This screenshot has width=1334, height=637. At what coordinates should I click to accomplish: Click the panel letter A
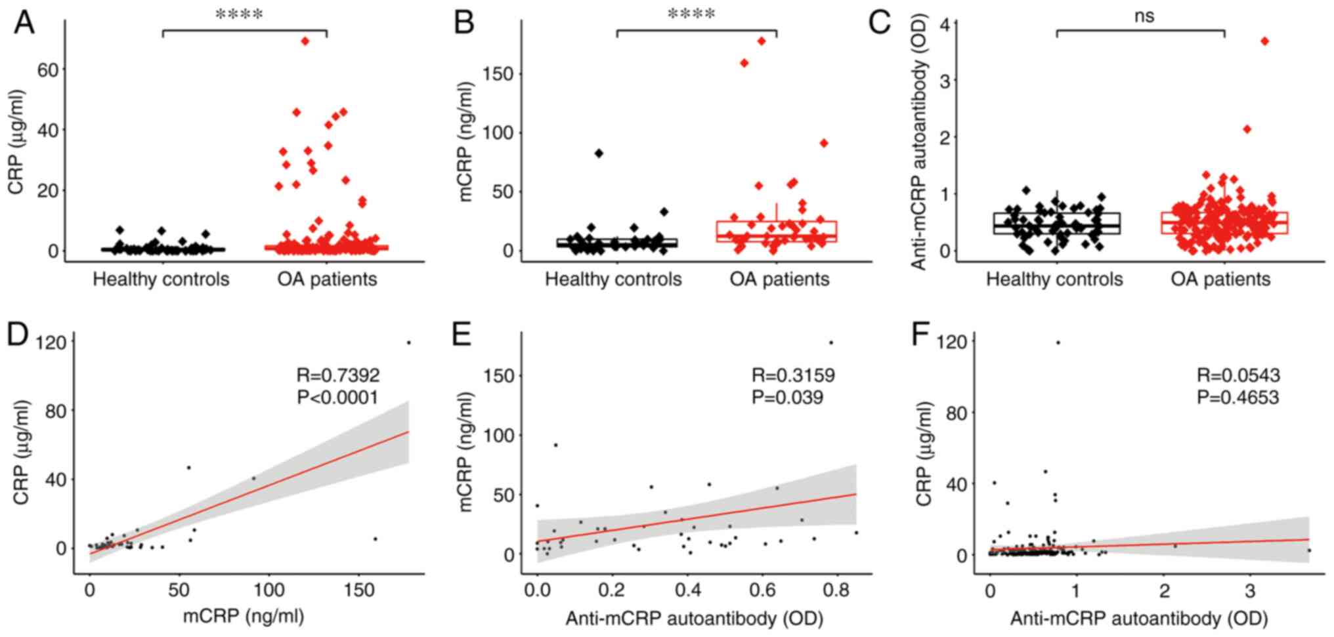(24, 24)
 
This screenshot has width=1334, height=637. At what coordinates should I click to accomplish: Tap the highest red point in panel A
(305, 41)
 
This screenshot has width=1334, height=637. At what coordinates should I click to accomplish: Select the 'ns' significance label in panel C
(1144, 16)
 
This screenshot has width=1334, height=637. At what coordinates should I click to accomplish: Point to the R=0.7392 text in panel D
(338, 375)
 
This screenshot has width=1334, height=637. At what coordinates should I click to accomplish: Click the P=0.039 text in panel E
(787, 397)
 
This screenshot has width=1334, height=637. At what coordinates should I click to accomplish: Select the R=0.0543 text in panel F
(1238, 375)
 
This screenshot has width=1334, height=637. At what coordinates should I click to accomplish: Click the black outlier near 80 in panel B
(599, 154)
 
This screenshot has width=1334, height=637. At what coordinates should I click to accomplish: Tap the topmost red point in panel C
(1265, 41)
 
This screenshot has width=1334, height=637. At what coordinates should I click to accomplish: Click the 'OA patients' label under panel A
(327, 279)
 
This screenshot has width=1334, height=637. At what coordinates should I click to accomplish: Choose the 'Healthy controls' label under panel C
(1054, 279)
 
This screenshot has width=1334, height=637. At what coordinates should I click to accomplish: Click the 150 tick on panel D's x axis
(359, 590)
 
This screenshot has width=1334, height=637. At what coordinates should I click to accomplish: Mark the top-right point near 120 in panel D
(408, 342)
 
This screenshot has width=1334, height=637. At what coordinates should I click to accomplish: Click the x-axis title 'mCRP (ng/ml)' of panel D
(243, 617)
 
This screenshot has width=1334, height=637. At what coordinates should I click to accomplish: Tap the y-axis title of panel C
(918, 144)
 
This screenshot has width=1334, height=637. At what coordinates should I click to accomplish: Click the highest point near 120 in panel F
(1058, 342)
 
